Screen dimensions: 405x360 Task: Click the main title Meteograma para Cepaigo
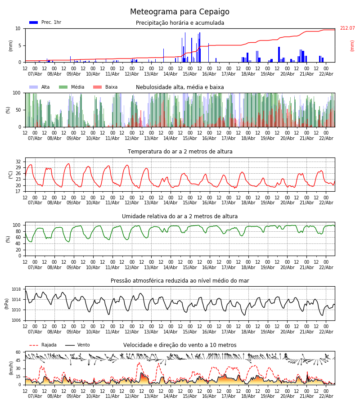180,12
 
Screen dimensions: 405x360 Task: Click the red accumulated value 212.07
347,28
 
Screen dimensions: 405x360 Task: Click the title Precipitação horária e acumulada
180,23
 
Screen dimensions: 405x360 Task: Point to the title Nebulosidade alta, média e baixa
180,87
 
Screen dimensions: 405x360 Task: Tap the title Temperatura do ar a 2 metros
180,152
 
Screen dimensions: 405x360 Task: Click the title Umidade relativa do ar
180,216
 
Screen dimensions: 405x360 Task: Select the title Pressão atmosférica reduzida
180,281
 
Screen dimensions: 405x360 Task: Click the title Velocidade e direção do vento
180,345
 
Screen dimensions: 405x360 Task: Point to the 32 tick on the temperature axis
18,162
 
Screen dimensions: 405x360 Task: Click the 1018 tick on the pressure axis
17,289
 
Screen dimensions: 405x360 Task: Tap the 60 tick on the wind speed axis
18,352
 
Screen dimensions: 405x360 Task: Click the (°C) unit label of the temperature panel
11,175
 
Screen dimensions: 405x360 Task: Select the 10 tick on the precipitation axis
18,28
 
